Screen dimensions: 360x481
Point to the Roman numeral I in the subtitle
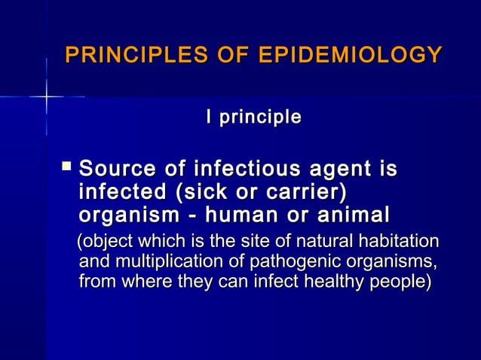click(210, 117)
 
